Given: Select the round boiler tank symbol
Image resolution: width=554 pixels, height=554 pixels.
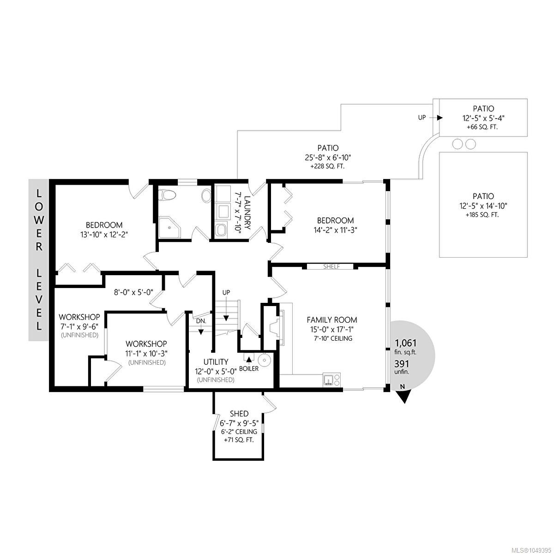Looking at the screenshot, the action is [263, 359].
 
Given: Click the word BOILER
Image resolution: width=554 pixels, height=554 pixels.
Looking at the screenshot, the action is [249, 368].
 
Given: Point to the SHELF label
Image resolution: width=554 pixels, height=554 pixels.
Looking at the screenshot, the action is [331, 266].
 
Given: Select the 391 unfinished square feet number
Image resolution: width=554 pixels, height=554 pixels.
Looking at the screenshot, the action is [401, 364].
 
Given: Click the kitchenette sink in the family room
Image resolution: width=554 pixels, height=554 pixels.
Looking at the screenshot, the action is [328, 379].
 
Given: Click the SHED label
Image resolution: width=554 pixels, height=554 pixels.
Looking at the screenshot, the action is [239, 414].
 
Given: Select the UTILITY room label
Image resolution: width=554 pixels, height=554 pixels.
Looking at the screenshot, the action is [216, 361].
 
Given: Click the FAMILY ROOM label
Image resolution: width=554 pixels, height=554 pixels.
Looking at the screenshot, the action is [332, 319].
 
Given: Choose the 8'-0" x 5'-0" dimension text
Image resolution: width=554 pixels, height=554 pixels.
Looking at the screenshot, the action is [134, 292].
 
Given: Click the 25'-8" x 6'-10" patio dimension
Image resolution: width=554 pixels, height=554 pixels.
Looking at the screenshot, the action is [328, 157].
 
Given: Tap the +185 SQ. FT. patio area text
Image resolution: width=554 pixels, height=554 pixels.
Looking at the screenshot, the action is [483, 215].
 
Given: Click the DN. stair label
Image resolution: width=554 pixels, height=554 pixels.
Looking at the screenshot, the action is [201, 321].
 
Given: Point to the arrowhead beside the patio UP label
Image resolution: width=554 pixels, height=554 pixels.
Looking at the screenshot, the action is [440, 118].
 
